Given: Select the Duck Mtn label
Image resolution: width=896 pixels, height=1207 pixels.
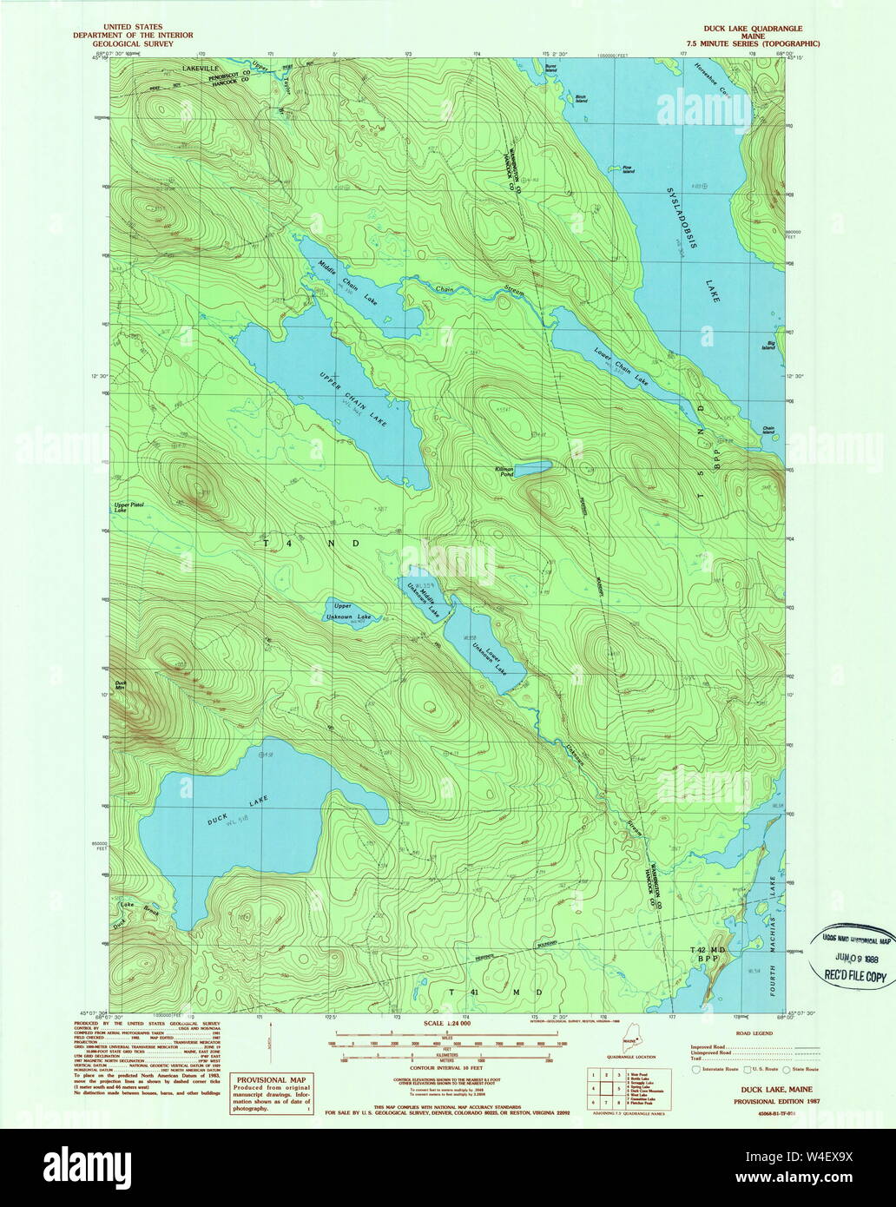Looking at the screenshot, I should tap(121, 685).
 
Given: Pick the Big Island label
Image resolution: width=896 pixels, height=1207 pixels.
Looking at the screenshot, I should tap(768, 346).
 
